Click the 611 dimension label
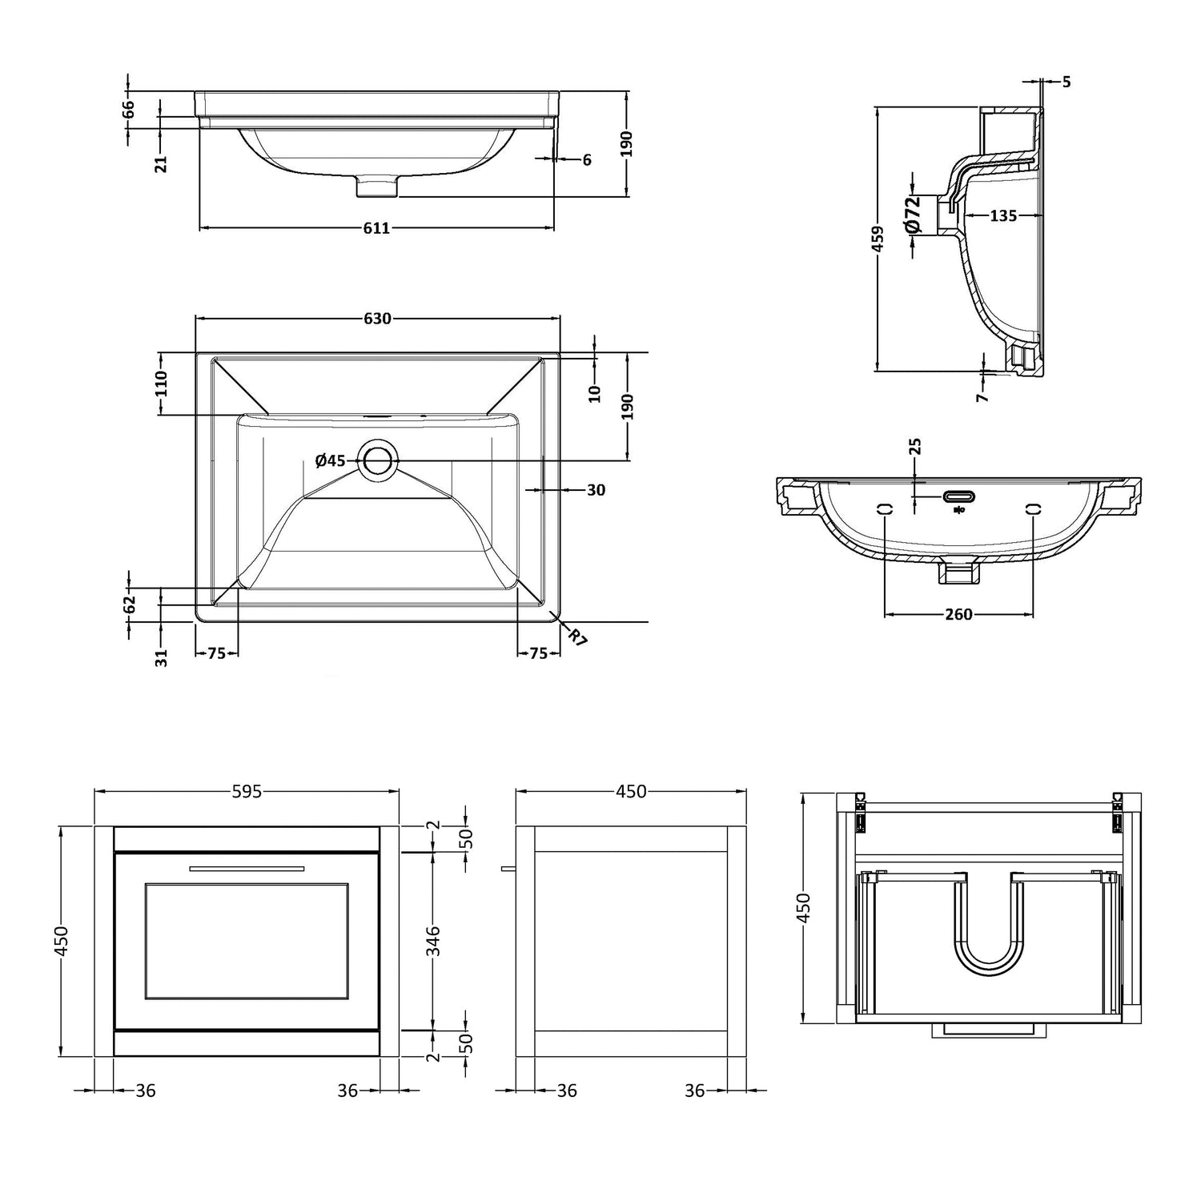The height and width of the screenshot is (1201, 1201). tap(376, 228)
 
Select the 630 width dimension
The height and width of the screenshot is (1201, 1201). tap(378, 319)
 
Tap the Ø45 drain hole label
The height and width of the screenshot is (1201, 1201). tap(330, 460)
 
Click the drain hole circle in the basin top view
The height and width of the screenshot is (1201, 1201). tap(379, 460)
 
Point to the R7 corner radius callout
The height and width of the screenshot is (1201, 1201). tap(577, 637)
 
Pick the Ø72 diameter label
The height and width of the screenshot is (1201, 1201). tap(914, 215)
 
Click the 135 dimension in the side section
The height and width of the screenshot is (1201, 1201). tap(1003, 215)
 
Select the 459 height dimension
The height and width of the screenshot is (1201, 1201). tap(878, 239)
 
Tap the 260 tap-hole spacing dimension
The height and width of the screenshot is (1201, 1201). tap(958, 614)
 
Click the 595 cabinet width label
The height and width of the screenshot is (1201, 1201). tap(247, 791)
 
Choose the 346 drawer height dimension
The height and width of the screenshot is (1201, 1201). tap(433, 941)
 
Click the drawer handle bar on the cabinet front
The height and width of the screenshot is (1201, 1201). tap(247, 867)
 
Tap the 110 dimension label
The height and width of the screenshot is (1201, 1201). tap(162, 384)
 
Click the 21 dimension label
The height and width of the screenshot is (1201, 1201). tap(162, 163)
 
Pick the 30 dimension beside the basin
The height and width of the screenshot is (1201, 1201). tap(596, 489)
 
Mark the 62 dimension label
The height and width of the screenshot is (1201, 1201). tap(130, 604)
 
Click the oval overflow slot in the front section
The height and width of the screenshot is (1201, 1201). tap(958, 496)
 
